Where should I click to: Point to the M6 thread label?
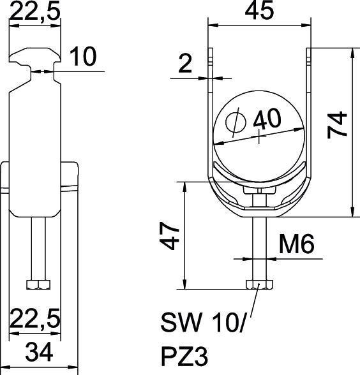pyautogui.click(x=296, y=245)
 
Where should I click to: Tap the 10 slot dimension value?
pyautogui.click(x=82, y=57)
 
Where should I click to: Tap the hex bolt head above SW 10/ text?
pyautogui.click(x=258, y=284)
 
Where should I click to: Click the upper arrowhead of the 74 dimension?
pyautogui.click(x=352, y=52)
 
